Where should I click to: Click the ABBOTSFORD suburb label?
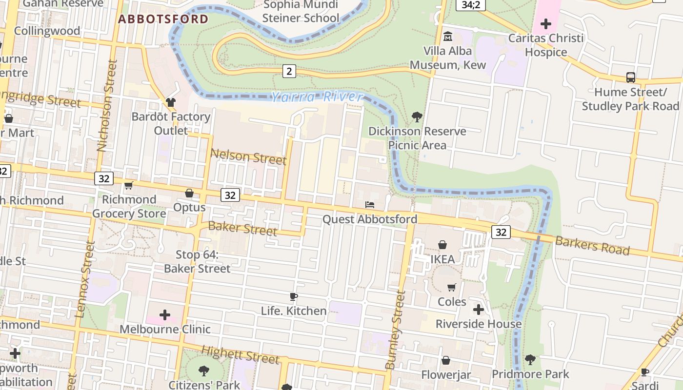coord(163,19)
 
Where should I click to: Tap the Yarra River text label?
coord(317,97)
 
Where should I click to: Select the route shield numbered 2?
coord(289,72)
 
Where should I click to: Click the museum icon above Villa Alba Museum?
coord(447,36)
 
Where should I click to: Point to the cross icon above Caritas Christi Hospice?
coord(545,23)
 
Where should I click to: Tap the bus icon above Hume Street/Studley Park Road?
coord(630,78)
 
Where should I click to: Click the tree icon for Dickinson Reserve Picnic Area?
coord(417,117)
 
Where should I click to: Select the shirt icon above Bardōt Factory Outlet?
coord(170,102)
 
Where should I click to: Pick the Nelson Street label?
coord(248,157)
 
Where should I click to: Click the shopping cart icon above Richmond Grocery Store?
coord(129,185)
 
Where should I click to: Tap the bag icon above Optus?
coord(189,194)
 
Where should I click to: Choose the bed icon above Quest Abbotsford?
coord(370,205)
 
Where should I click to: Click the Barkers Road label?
coord(592,245)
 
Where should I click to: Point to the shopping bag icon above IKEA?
coord(442,245)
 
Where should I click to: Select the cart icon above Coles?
coord(452,287)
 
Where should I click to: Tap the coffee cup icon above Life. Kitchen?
coord(294,296)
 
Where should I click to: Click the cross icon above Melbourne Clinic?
coord(165,315)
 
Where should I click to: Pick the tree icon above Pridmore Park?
coord(530,360)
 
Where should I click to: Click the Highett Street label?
coord(241,355)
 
